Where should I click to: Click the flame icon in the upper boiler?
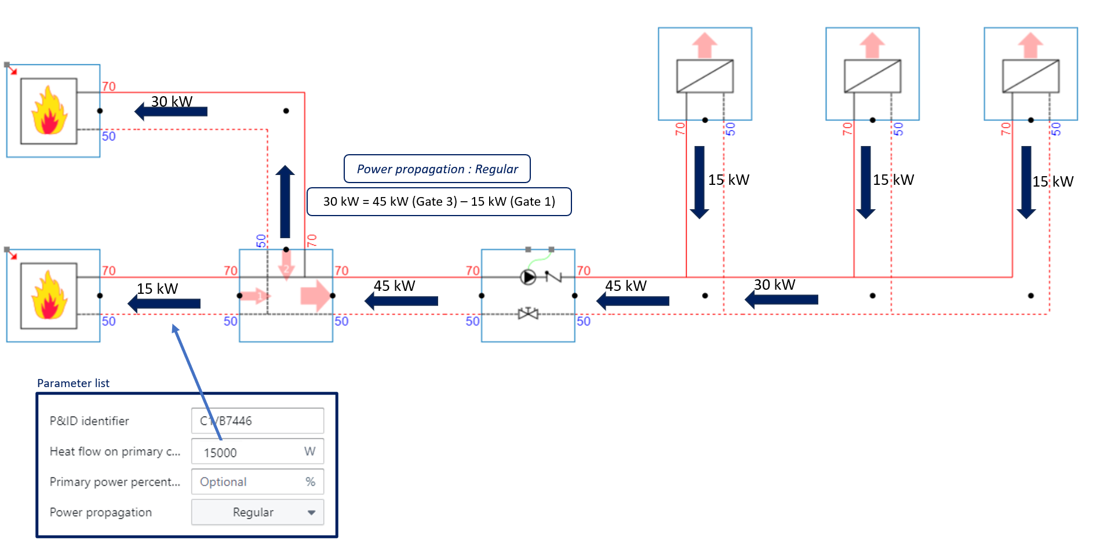tap(49, 111)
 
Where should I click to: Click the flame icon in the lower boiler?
tap(49, 296)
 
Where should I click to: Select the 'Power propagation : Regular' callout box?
tap(437, 169)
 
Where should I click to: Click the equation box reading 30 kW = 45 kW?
tap(439, 202)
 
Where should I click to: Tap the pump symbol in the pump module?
tap(528, 277)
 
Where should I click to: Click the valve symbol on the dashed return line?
tap(528, 314)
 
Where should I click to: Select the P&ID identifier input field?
tap(257, 421)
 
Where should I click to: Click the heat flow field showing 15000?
tap(257, 451)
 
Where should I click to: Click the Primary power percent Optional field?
tap(257, 482)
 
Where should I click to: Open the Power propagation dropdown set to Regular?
tap(257, 512)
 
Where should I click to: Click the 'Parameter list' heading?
tap(73, 383)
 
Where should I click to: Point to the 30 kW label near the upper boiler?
tap(172, 101)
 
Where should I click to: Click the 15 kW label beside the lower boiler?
tap(157, 289)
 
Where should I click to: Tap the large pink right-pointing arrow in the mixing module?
tap(315, 296)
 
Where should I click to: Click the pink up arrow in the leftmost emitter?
tap(705, 45)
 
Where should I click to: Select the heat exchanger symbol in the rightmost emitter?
tap(1030, 76)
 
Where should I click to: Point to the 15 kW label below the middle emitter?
tap(893, 180)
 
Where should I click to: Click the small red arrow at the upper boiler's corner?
tap(11, 70)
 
